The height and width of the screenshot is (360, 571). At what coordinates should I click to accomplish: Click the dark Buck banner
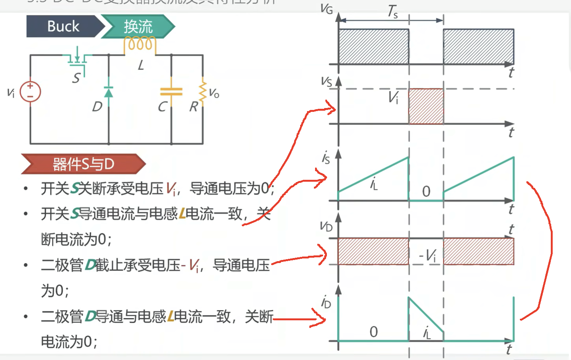(x=63, y=26)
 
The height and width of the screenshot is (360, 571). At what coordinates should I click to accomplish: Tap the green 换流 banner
(x=138, y=26)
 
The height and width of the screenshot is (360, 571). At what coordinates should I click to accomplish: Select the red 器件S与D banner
(x=83, y=164)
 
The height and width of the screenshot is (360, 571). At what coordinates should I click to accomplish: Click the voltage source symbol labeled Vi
(x=30, y=92)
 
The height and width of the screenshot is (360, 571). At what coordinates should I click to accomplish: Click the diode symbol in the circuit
(x=109, y=92)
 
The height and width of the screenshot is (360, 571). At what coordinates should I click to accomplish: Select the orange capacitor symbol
(x=171, y=92)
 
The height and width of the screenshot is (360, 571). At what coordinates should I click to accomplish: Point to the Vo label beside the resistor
(x=214, y=93)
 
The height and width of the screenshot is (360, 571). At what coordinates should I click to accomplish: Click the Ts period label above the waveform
(x=392, y=11)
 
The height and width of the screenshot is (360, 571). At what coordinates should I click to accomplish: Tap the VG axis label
(x=327, y=8)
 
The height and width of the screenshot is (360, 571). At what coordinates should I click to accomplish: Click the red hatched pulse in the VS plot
(x=426, y=107)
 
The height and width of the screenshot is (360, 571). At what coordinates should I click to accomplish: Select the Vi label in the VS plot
(x=393, y=97)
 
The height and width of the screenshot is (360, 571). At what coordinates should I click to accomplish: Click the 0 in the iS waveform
(x=426, y=191)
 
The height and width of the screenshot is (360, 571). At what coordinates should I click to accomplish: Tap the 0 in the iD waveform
(x=374, y=332)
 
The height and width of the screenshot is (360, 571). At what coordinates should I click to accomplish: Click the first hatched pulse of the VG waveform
(x=373, y=47)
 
